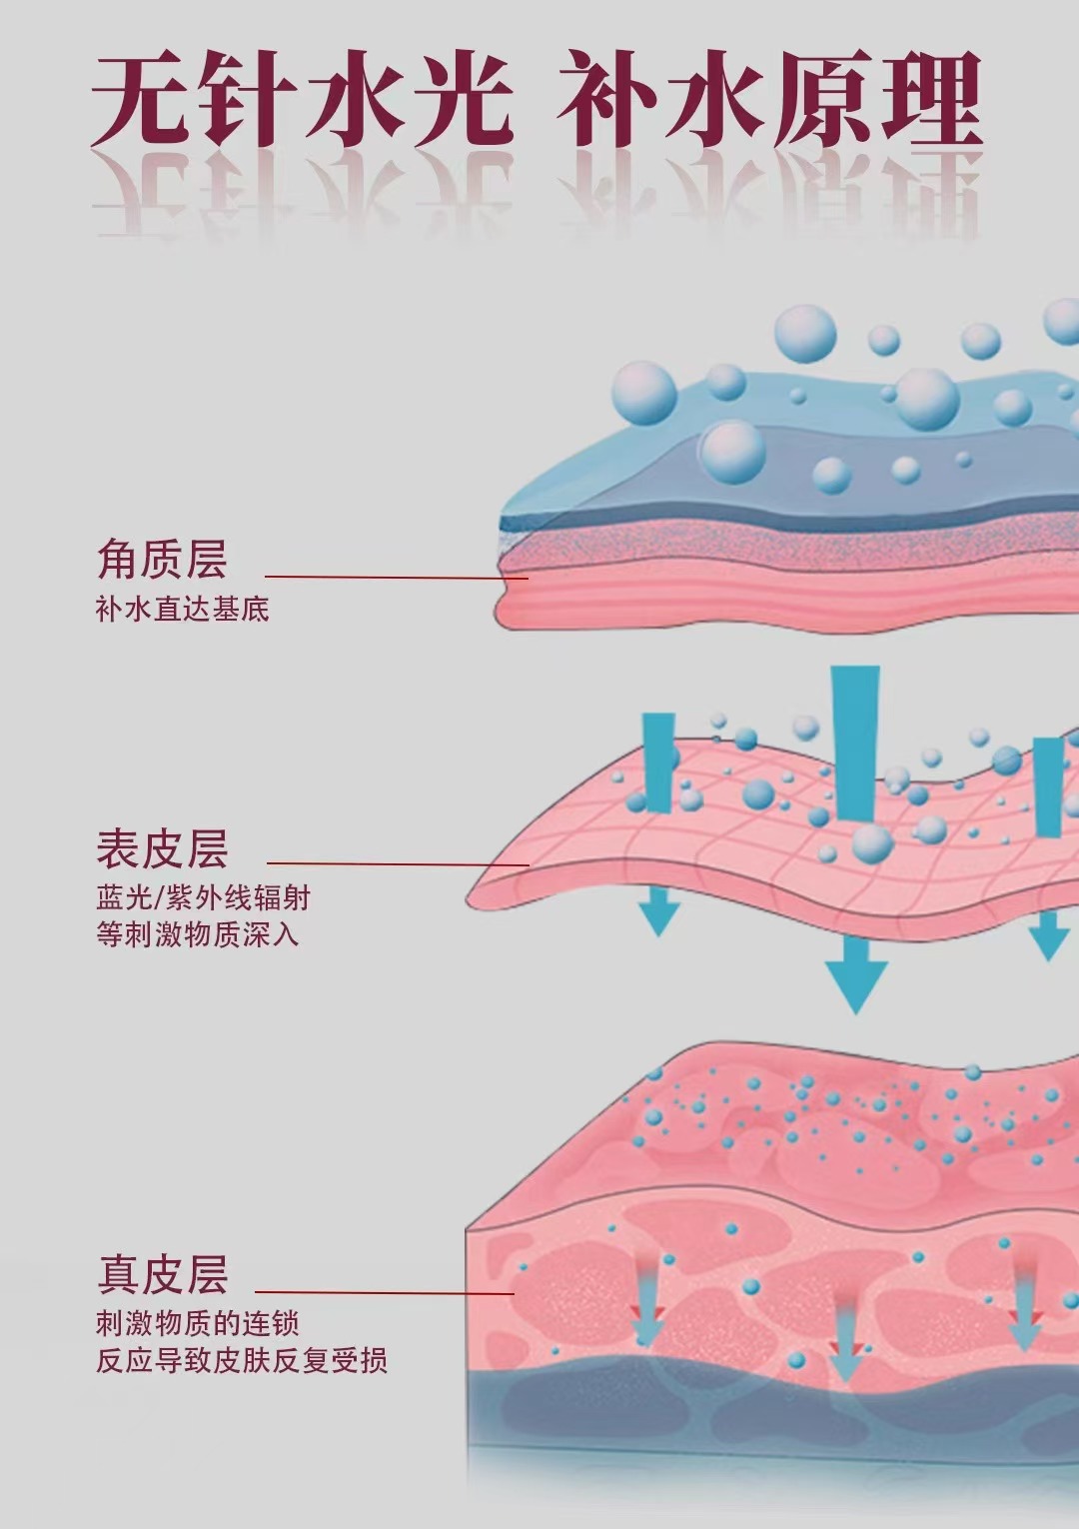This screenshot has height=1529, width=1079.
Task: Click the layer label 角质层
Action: pyautogui.click(x=162, y=560)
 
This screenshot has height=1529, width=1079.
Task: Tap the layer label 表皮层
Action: pyautogui.click(x=162, y=848)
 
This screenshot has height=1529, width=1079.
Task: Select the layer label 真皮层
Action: pyautogui.click(x=162, y=1275)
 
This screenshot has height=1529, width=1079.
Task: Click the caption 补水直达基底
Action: pyautogui.click(x=182, y=609)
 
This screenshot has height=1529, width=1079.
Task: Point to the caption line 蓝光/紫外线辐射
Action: pyautogui.click(x=203, y=897)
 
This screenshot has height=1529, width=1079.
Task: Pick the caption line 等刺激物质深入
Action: pyautogui.click(x=197, y=934)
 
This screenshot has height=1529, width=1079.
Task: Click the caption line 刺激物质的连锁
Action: pyautogui.click(x=197, y=1323)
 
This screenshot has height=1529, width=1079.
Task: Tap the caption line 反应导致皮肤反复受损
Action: pyautogui.click(x=241, y=1360)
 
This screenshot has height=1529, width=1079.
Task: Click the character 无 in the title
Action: pyautogui.click(x=140, y=100)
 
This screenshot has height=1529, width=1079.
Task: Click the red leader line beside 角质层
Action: pyautogui.click(x=396, y=577)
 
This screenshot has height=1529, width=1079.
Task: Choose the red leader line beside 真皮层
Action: pyautogui.click(x=385, y=1293)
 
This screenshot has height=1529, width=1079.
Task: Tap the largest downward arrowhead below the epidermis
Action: pyautogui.click(x=856, y=984)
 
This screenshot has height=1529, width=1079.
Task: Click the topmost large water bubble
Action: pyautogui.click(x=805, y=333)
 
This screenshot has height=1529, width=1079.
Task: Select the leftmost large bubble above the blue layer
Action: pyautogui.click(x=644, y=393)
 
